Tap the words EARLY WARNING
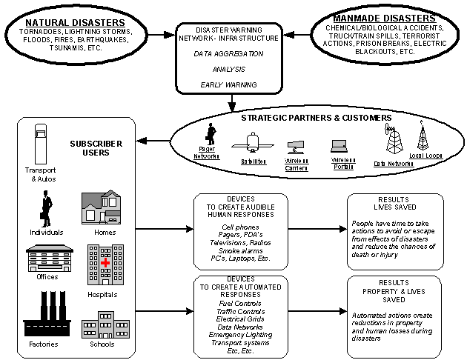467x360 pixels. click(228, 84)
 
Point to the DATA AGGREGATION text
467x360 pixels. click(228, 54)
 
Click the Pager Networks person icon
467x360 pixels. click(210, 136)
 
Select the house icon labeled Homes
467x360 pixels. click(101, 208)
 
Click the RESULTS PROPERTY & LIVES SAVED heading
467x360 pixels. click(394, 290)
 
